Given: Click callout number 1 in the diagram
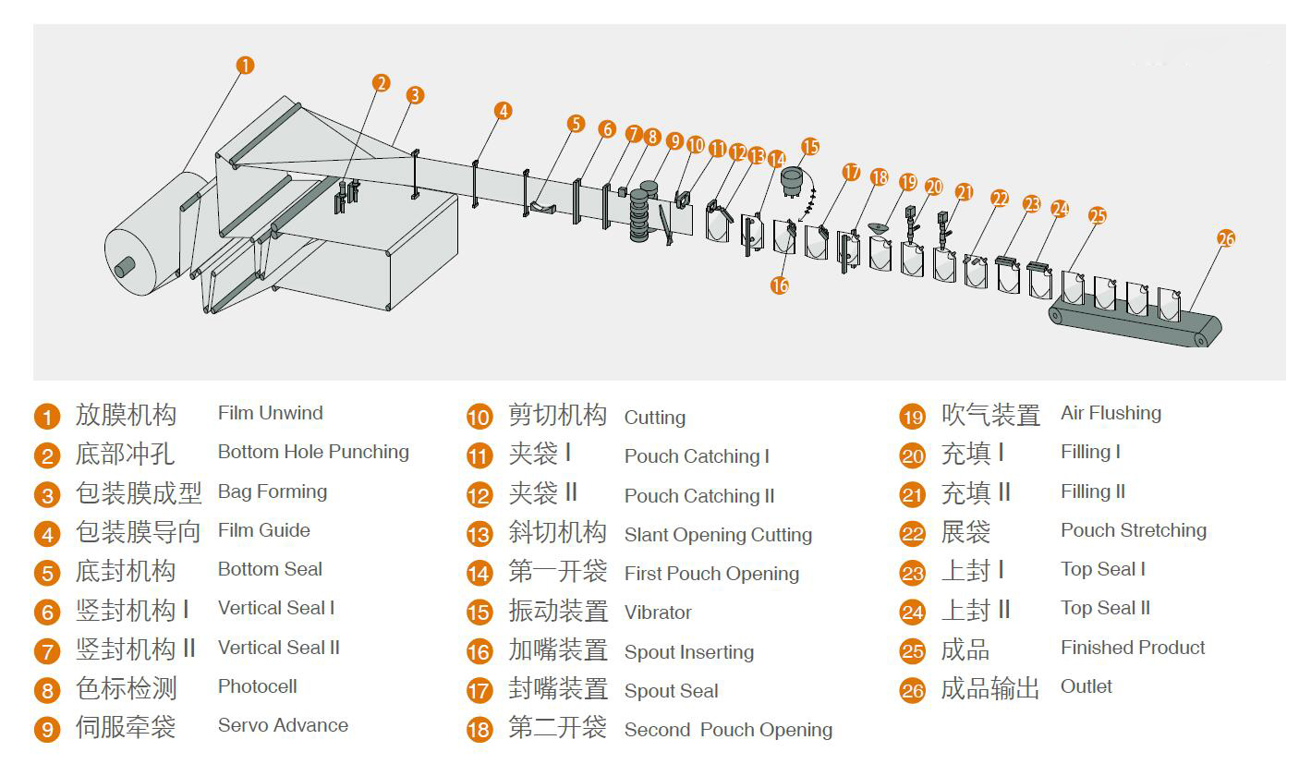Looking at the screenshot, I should click(245, 65).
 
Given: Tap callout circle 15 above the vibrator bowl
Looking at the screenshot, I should click(810, 146).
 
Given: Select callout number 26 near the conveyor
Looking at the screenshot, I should click(1226, 238).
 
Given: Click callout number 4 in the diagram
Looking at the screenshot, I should click(503, 111).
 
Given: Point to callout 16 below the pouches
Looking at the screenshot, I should click(780, 285).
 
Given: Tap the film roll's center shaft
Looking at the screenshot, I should click(124, 268).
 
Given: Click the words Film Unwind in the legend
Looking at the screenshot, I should click(270, 413).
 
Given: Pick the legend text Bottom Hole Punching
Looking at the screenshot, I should click(313, 452).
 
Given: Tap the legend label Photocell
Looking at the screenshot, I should click(257, 686).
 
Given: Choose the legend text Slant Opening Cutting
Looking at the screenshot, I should click(718, 535).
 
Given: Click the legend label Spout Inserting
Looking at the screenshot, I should click(688, 652).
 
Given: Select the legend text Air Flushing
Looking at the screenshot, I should click(1111, 413).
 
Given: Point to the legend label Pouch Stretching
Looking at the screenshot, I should click(1133, 530).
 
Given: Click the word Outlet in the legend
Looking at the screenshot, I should click(1086, 686).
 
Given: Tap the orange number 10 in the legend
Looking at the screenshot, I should click(479, 418).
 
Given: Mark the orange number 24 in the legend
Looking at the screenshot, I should click(913, 612).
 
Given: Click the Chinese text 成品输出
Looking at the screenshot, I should click(989, 688).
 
